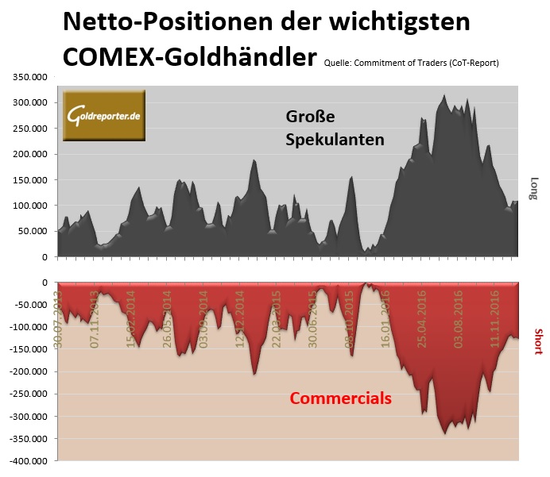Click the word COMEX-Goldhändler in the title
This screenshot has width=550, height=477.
(189, 56)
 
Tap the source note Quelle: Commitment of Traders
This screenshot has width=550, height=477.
(412, 63)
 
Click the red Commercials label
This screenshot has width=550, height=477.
(339, 398)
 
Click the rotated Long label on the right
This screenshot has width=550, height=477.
(535, 187)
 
